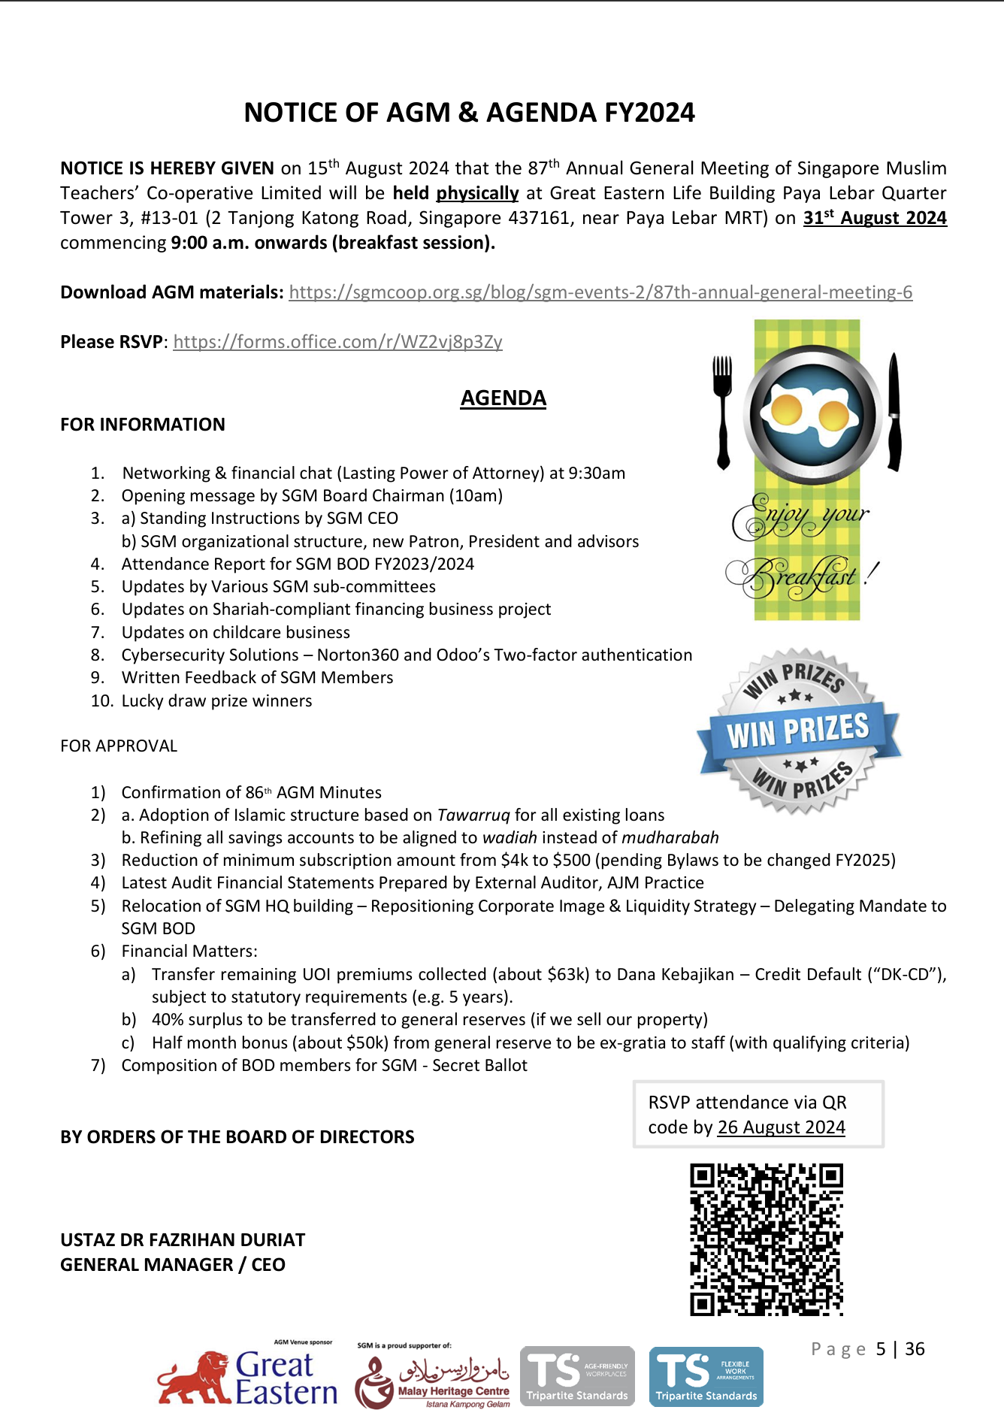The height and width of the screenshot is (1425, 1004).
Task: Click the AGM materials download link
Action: click(x=600, y=292)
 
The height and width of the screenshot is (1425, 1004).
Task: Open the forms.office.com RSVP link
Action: click(x=337, y=342)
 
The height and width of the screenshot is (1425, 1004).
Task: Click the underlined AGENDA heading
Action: click(x=503, y=398)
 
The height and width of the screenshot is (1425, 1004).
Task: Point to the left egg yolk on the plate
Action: click(x=786, y=410)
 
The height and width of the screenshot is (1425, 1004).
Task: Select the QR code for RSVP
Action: click(x=767, y=1239)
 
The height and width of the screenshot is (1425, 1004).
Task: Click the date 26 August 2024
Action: click(x=781, y=1127)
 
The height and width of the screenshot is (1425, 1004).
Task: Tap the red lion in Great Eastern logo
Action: click(x=196, y=1380)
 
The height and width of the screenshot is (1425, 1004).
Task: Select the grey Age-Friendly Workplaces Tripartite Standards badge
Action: click(x=577, y=1376)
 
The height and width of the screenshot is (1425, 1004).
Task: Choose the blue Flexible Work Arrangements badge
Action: click(x=706, y=1376)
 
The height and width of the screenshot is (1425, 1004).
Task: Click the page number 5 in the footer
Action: click(x=881, y=1349)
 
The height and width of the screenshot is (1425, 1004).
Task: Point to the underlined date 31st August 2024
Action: click(x=875, y=218)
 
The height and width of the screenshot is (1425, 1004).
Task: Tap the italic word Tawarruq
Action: click(x=473, y=815)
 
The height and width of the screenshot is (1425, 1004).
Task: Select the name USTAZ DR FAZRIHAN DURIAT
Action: click(x=183, y=1240)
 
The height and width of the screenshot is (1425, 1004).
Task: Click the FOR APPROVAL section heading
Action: click(x=119, y=746)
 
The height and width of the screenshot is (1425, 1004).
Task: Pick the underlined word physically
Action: click(x=477, y=193)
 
